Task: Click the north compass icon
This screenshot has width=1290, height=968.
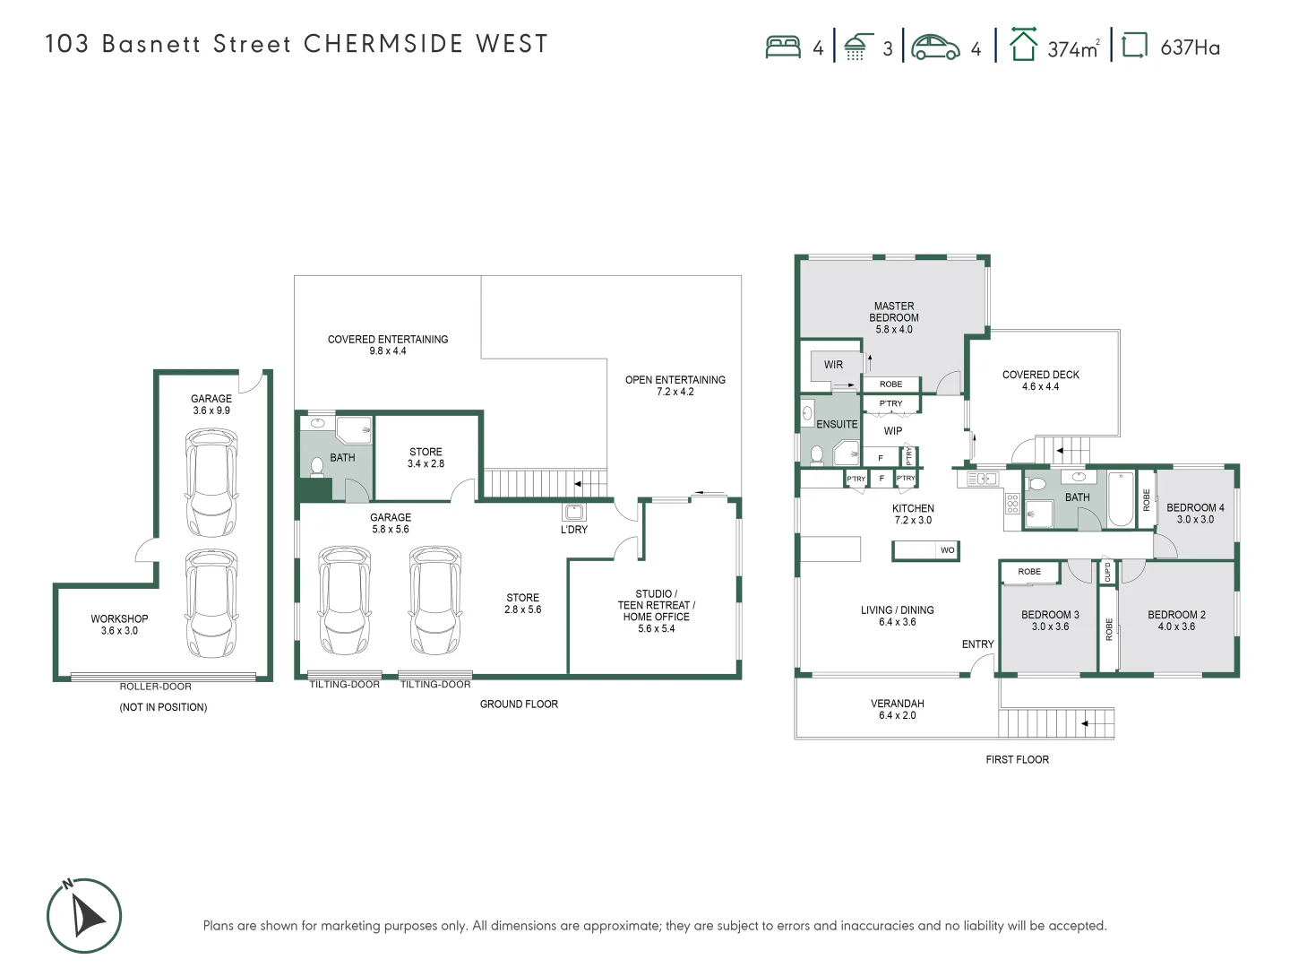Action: tap(84, 915)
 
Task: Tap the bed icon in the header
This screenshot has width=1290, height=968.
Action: tap(783, 47)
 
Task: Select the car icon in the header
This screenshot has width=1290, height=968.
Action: tap(935, 48)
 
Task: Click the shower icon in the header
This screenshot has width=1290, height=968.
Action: tap(858, 48)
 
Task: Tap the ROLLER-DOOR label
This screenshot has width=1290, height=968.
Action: tap(156, 687)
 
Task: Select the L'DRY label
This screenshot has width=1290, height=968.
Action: tap(574, 530)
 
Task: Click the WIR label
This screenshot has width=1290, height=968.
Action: tap(833, 365)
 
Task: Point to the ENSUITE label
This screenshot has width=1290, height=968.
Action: tap(837, 424)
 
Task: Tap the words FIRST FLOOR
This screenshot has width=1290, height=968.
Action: tap(1017, 759)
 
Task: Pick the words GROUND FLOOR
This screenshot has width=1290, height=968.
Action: tap(519, 704)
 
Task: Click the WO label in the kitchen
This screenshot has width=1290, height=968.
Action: tap(947, 550)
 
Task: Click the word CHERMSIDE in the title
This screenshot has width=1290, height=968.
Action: tap(383, 44)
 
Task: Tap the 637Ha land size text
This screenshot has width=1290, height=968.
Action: tap(1190, 48)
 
